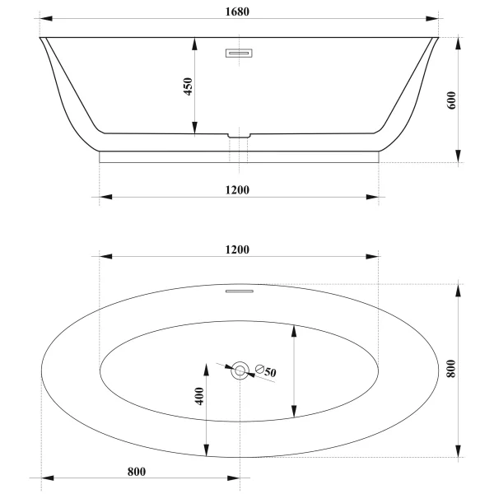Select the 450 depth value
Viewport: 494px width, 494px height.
[187, 86]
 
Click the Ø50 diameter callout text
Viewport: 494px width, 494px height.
[265, 371]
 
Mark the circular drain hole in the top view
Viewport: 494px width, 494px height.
[240, 370]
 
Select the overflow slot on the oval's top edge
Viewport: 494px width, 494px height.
[239, 289]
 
